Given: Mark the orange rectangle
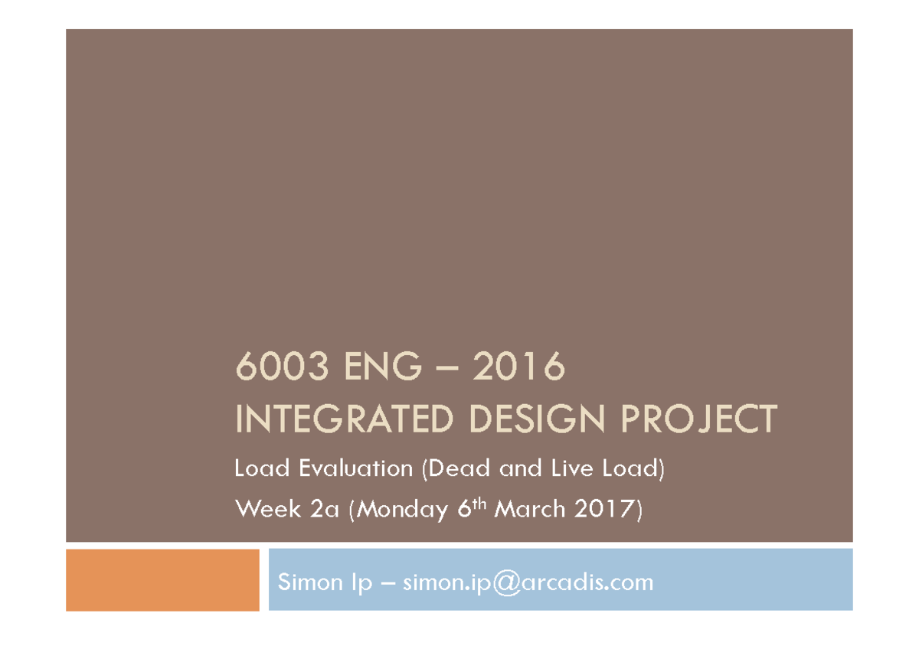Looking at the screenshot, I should pyautogui.click(x=162, y=579).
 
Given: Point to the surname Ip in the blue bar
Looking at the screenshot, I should pyautogui.click(x=359, y=583).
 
